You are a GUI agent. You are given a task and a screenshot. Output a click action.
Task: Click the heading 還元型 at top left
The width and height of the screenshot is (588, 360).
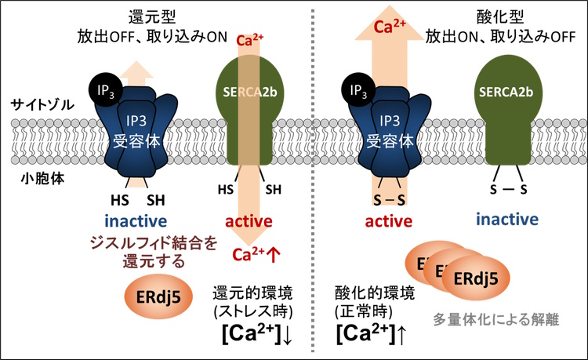point(152,17)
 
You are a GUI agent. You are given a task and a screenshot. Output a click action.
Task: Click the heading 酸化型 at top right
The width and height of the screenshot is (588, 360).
point(500,17)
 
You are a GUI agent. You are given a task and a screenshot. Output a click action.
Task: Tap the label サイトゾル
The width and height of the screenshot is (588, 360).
point(42,104)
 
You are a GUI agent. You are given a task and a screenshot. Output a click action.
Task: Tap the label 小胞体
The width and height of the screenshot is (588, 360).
point(42,179)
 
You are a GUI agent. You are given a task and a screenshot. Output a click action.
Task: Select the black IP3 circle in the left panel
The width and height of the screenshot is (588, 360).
point(105,90)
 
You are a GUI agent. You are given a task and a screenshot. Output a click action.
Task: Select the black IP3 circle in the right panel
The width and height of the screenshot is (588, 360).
point(358,90)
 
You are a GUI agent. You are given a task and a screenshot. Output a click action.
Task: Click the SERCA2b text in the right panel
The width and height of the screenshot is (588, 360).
point(506,92)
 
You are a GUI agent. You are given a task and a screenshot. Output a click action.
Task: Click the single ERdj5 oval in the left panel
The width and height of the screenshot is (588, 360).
point(158,296)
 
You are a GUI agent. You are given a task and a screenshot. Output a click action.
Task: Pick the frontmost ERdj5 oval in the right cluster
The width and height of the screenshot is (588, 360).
point(476,278)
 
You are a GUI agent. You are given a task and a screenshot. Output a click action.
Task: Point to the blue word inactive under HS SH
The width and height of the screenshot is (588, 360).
point(136,221)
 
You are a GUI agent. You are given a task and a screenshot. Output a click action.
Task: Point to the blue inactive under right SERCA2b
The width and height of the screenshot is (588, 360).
point(507,219)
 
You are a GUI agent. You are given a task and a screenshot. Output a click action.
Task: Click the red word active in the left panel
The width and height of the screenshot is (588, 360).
point(249,221)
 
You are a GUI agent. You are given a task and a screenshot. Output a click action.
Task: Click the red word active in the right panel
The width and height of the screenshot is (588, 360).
point(389,221)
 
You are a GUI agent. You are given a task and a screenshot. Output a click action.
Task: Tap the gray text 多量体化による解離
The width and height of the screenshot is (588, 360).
point(496,319)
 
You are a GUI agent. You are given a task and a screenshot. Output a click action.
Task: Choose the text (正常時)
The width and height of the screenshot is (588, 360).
point(364,311)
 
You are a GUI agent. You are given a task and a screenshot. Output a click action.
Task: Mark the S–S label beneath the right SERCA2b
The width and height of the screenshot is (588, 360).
point(508,189)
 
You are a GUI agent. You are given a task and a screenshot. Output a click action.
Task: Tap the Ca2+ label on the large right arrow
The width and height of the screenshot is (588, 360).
point(390,26)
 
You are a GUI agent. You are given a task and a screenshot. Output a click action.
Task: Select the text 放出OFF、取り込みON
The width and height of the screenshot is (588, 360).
point(152,37)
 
